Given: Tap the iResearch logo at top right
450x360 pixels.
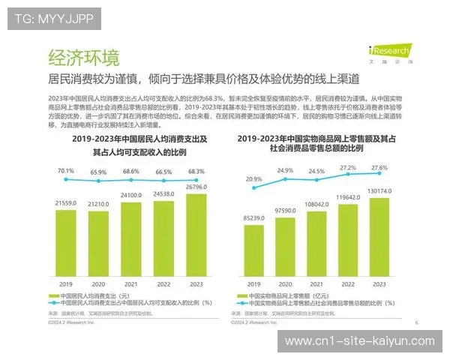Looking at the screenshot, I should click(389, 52).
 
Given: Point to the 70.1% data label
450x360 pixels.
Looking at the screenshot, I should click(66, 170).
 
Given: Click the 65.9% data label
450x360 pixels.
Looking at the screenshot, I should click(98, 172).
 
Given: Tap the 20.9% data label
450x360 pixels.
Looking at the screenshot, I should click(254, 179).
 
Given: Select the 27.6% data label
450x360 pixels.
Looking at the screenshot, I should click(380, 167).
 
